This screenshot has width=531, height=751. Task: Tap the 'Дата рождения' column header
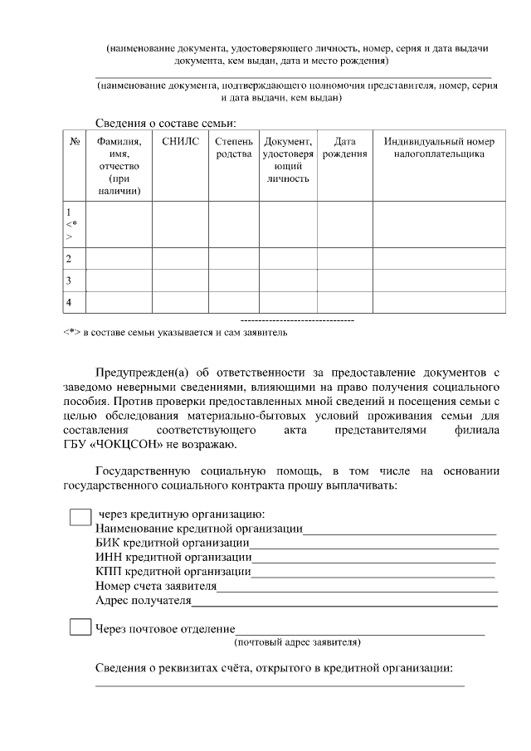click(x=344, y=149)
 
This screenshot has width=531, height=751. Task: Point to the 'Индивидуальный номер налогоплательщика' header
click(x=439, y=149)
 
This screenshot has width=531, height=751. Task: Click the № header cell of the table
click(x=75, y=142)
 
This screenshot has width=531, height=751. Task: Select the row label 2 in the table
click(x=68, y=259)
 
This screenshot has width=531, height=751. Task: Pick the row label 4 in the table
click(x=68, y=302)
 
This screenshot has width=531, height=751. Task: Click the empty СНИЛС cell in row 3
click(x=180, y=280)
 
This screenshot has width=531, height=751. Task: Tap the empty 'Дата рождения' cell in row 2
click(x=344, y=259)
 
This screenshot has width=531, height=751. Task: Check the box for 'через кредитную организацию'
click(x=80, y=517)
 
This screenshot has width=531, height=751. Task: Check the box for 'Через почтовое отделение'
click(x=80, y=627)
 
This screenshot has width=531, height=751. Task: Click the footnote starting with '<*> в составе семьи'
click(x=175, y=333)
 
